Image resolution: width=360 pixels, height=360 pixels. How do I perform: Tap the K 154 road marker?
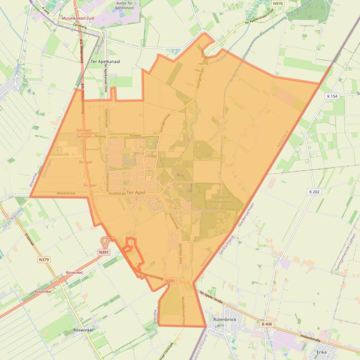tap(332, 96)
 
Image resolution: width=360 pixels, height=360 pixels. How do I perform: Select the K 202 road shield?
tap(314, 192)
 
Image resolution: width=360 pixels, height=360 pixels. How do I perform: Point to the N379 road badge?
tap(44, 259)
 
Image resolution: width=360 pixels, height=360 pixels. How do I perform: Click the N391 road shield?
tap(103, 252)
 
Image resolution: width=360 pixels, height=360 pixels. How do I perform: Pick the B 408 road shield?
tap(267, 324)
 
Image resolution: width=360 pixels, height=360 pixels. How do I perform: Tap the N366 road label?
tap(170, 281)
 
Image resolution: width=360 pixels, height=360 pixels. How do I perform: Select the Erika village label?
tap(322, 352)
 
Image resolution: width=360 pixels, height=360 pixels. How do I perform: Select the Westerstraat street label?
tap(66, 193)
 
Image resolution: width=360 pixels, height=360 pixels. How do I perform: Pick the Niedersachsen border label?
tap(246, 216)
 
